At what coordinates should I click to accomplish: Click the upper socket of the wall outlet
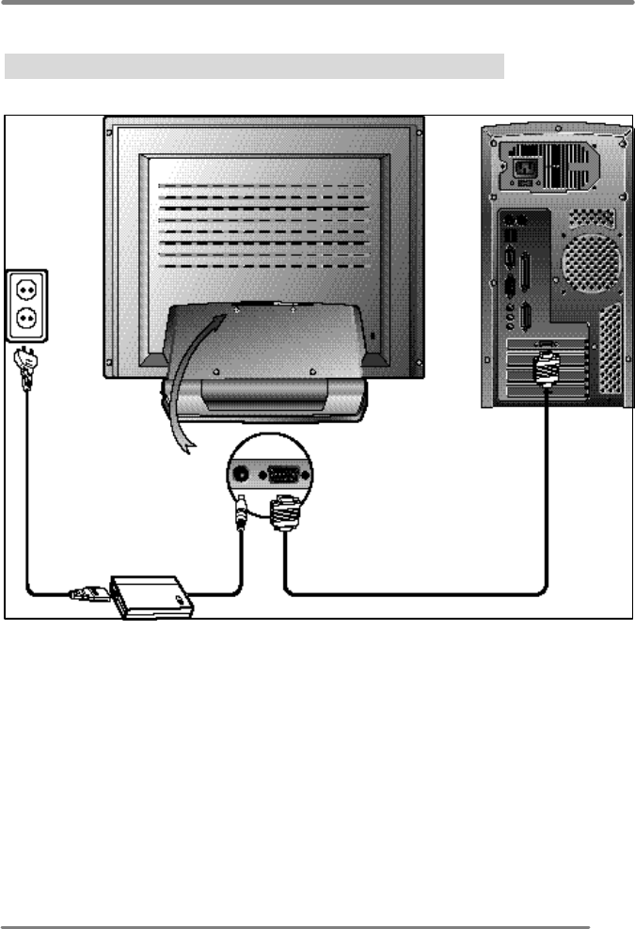pyautogui.click(x=26, y=289)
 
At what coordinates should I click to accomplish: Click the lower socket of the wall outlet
pyautogui.click(x=26, y=321)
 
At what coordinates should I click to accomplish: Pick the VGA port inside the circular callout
pyautogui.click(x=282, y=475)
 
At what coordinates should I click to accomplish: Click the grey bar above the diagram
pyautogui.click(x=255, y=67)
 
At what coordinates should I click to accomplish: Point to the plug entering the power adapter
pyautogui.click(x=87, y=593)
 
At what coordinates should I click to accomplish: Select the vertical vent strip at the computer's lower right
pyautogui.click(x=611, y=353)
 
